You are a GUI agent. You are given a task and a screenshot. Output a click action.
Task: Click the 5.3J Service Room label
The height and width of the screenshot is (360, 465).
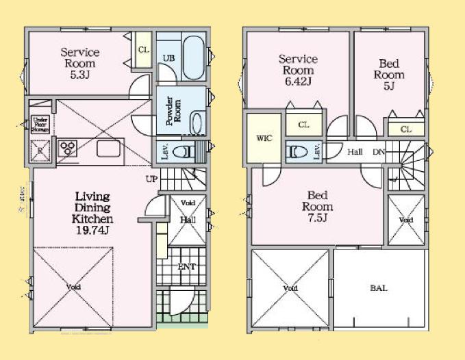[80, 63]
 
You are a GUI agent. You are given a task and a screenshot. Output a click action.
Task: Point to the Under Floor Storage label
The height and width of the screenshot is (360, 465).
[40, 125]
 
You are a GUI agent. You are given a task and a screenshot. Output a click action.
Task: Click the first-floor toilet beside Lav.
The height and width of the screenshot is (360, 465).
[184, 151]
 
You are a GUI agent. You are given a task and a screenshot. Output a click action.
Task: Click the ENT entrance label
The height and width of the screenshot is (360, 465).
[186, 267]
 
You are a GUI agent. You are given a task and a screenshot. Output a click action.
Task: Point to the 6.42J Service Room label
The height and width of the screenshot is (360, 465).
[297, 70]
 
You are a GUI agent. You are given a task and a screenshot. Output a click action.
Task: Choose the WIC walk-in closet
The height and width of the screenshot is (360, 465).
[264, 138]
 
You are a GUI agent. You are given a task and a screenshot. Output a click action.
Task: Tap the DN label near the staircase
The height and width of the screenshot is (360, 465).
[378, 152]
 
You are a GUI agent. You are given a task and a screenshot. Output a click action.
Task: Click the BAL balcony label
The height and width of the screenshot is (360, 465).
[379, 288]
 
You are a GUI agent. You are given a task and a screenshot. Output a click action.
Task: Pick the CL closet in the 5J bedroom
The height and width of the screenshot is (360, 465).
[405, 129]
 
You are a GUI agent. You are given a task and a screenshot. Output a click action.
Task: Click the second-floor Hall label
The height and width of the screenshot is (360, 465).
[355, 152]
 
